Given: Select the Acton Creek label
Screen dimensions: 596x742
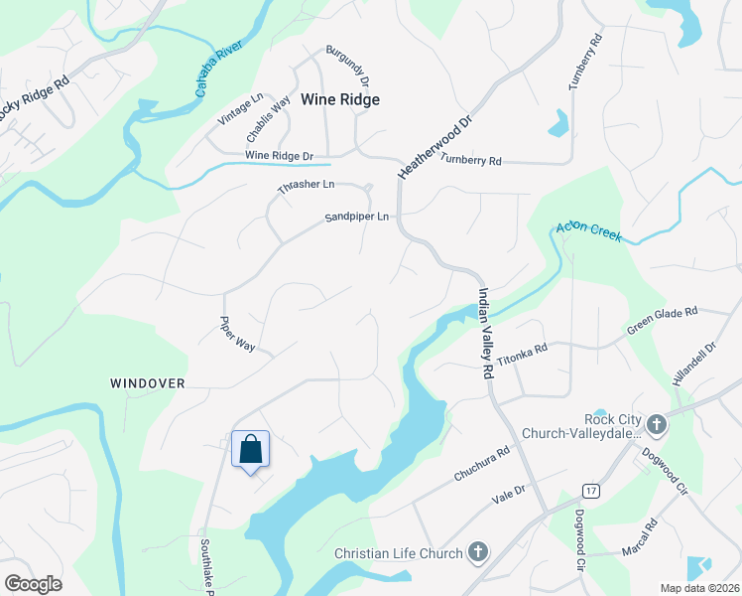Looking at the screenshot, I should pos(588,232).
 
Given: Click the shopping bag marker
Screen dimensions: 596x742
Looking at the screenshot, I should pos(250,449).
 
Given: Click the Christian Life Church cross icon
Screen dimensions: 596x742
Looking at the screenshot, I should pos(477,552).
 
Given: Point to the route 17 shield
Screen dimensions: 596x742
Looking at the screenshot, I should pos(592,491).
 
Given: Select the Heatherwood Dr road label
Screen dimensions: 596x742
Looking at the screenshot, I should pos(428,144).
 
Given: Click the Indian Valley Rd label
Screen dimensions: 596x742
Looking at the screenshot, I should pos(485,333).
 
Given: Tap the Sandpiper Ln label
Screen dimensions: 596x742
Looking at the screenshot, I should pos(357,217).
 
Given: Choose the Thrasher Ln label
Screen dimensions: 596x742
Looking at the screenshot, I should pos(307,185).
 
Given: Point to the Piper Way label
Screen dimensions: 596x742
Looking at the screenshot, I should pos(238,335).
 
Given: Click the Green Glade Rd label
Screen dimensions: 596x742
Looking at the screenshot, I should pos(662,320).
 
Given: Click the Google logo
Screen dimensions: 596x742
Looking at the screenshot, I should pos(33,584).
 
